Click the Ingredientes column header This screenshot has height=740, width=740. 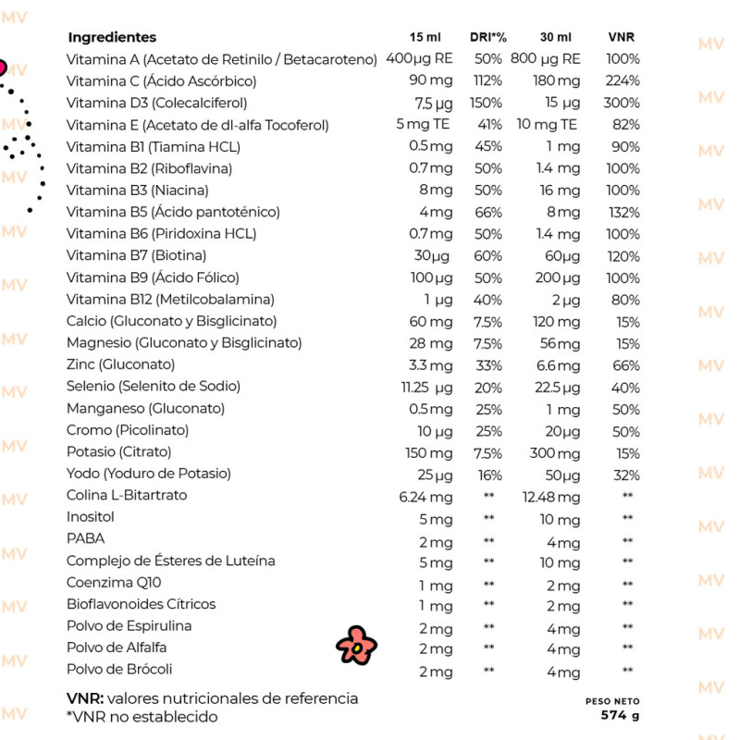[112, 37]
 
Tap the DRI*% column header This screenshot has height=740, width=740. [487, 37]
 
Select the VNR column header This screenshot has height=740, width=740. [622, 37]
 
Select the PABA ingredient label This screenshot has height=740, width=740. [86, 538]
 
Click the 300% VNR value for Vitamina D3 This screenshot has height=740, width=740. [622, 103]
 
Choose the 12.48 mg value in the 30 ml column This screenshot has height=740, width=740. [551, 496]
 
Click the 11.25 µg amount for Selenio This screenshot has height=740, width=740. [426, 387]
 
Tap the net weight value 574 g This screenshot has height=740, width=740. [620, 715]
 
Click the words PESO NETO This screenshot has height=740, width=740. [612, 701]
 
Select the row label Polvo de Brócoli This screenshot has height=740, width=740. [119, 669]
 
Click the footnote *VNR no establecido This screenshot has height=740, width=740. [142, 716]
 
